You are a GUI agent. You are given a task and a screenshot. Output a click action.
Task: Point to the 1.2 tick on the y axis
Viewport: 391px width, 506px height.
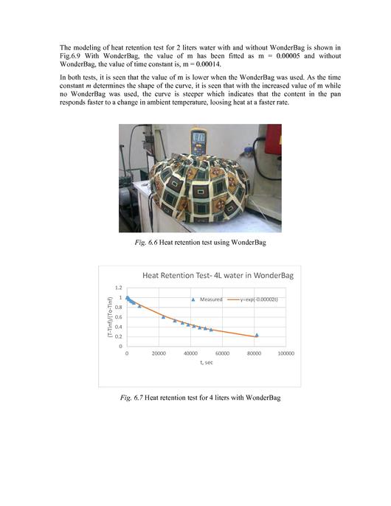[x=119, y=288]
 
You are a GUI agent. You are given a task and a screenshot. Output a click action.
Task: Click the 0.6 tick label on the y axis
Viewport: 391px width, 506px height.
[x=119, y=317]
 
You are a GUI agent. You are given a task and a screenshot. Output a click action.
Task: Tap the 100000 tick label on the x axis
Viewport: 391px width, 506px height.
[x=286, y=353]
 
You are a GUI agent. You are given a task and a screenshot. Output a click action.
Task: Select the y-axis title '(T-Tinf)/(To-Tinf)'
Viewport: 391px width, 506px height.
[x=109, y=317]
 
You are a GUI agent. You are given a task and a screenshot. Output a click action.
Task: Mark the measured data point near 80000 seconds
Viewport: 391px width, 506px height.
[x=257, y=335]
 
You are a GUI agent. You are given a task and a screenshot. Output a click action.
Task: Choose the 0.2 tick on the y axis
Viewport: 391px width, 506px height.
[x=119, y=336]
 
